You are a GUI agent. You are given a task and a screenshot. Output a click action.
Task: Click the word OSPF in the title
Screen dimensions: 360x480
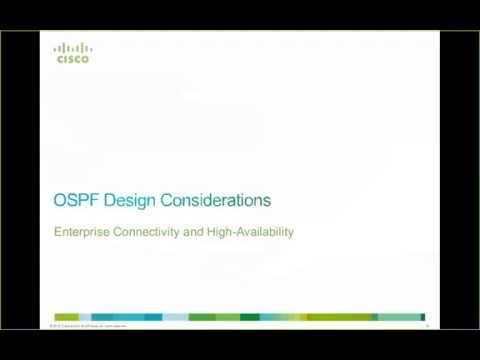click(71, 200)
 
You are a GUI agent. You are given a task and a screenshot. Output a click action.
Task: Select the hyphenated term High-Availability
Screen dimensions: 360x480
click(240, 233)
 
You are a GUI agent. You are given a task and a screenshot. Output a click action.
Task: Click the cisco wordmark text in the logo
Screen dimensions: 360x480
click(72, 60)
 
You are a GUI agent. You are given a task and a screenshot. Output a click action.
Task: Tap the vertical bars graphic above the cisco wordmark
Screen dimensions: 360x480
click(72, 47)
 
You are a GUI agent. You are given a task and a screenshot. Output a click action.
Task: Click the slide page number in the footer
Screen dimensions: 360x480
click(427, 326)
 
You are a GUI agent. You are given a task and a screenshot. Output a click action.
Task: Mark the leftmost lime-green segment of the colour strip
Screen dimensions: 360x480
click(66, 317)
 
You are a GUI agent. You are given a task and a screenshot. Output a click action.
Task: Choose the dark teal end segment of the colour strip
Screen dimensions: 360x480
click(423, 317)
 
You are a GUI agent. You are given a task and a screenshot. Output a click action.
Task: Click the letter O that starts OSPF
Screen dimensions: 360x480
click(59, 200)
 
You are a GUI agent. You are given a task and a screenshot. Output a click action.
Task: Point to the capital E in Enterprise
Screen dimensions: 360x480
click(57, 233)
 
